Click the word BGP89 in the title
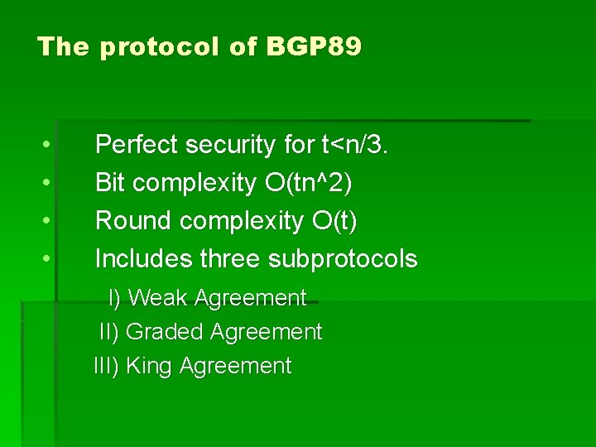point(314,46)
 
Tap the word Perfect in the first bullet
point(137,145)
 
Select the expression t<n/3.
point(354,145)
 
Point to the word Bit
point(110,183)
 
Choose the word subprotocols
point(343,259)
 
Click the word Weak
point(157,298)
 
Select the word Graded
point(165,332)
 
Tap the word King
point(149,366)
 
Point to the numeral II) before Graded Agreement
point(109,332)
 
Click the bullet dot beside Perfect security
point(48,146)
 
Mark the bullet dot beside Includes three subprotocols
point(48,260)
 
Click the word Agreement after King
point(235,366)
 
